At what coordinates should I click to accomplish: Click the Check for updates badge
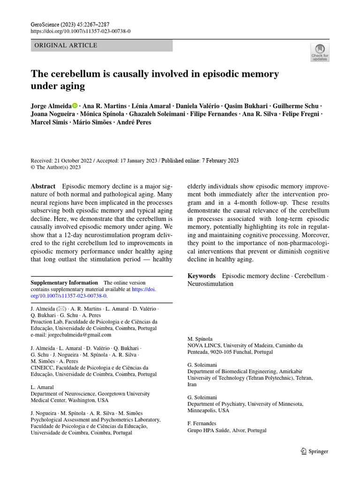[x=320, y=52]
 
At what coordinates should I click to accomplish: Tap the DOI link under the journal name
[x=80, y=31]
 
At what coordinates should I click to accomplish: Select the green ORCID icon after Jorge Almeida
[x=75, y=106]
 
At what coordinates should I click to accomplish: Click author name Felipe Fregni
[x=301, y=114]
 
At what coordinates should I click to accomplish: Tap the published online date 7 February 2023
[x=217, y=160]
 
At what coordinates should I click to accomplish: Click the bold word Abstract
[x=43, y=186]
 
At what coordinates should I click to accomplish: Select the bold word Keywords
[x=202, y=276]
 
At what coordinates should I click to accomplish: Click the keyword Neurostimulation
[x=210, y=284]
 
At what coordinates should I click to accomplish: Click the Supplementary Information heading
[x=64, y=283]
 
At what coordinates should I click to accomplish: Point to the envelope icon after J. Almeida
[x=62, y=309]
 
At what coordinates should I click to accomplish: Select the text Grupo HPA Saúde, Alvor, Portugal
[x=227, y=430]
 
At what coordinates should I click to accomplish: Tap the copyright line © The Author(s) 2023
[x=56, y=167]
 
